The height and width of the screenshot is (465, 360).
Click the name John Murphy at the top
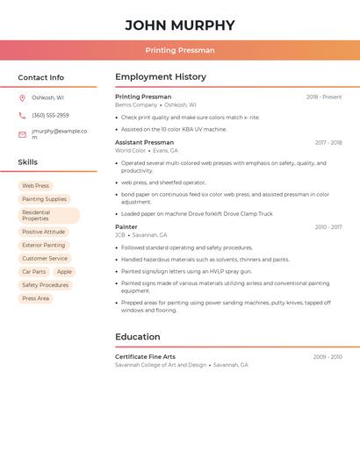[180, 25]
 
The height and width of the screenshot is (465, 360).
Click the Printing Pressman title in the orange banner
[180, 50]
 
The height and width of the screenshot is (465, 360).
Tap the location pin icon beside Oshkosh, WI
[22, 97]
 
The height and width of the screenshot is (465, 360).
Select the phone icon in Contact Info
[22, 115]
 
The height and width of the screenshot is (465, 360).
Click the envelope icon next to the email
[22, 134]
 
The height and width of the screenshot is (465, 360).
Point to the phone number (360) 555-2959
[50, 115]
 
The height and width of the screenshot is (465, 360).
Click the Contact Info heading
[40, 77]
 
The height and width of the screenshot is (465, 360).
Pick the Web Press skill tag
[35, 186]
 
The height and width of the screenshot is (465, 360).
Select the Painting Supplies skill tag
[44, 199]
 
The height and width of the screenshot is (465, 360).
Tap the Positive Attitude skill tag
[43, 232]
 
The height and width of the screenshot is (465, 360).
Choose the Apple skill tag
[64, 272]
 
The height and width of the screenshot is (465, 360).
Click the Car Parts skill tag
[33, 272]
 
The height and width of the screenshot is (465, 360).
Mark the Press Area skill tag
[35, 298]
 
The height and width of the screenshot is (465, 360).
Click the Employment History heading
[161, 77]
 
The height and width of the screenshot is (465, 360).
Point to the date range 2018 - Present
[324, 97]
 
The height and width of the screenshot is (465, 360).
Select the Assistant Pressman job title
[144, 142]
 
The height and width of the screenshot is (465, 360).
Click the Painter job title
[126, 227]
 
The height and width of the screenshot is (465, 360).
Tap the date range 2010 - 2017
[328, 227]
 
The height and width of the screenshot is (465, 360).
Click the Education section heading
[138, 337]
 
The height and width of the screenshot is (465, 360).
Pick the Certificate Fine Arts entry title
[145, 357]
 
